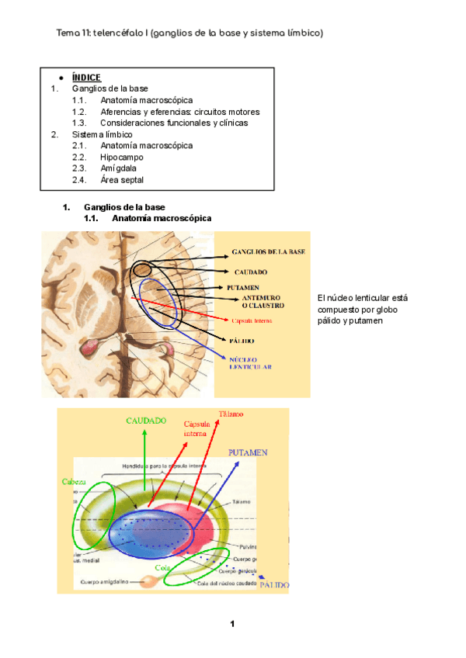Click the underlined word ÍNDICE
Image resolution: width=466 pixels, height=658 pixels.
coord(85,78)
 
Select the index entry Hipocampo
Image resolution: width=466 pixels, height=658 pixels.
coord(122,157)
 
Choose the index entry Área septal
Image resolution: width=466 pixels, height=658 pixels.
coord(122,179)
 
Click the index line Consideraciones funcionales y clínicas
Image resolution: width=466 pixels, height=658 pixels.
coord(174,123)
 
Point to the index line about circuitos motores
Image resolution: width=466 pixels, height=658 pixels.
coord(179,112)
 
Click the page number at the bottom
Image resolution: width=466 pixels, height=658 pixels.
coord(232,625)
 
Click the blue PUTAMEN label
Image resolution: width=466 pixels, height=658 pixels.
coord(248,452)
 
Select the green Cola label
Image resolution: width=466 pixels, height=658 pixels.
coord(162,567)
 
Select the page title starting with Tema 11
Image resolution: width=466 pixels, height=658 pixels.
coord(190,33)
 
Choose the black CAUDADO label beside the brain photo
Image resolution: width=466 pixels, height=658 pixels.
coord(251,272)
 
